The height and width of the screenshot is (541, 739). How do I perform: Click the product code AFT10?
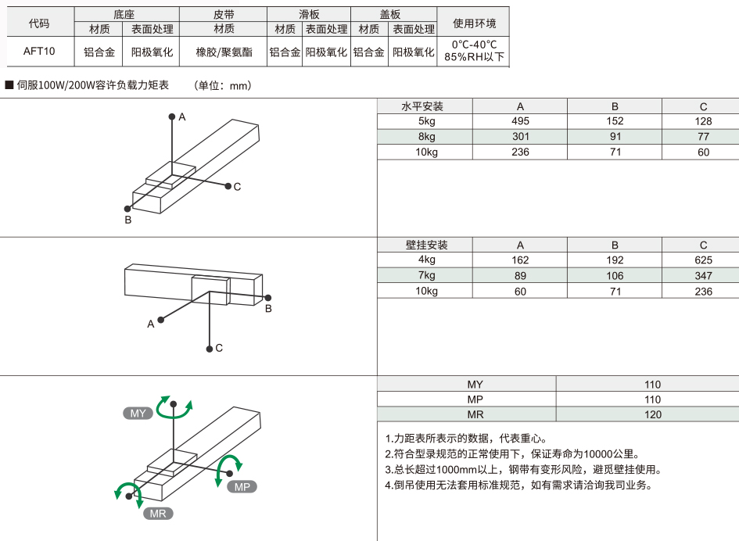coord(39,52)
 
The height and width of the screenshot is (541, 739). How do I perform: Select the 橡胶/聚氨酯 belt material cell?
coord(224,52)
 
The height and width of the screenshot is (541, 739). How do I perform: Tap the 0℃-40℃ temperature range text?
coord(474,45)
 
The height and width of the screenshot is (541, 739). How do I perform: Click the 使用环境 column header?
coord(474,23)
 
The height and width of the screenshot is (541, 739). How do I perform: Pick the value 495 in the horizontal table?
coord(520,121)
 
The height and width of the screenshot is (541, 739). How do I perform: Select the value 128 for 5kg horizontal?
coord(703,121)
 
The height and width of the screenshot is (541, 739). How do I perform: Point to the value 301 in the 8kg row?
coord(520,137)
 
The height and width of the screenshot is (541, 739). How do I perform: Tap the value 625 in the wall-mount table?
coord(703,260)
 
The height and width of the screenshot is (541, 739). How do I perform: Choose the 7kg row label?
coord(426,275)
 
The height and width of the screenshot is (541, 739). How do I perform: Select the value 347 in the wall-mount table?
coord(703,275)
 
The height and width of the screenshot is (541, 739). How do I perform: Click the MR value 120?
coord(652,414)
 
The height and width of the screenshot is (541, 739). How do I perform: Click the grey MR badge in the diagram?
coord(158,513)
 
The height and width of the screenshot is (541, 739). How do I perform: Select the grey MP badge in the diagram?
coord(242,487)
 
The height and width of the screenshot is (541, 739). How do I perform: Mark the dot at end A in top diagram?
coord(172,116)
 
